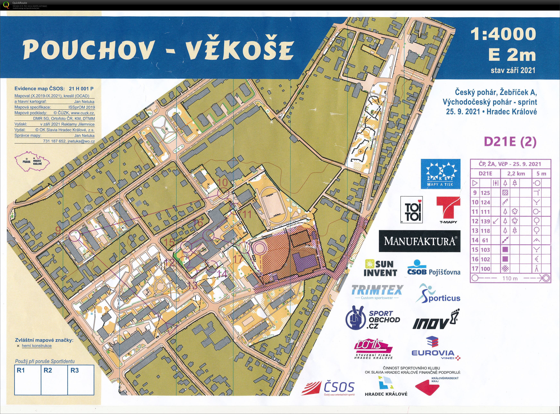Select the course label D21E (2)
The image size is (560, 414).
point(510,142)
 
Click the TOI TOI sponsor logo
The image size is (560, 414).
point(411,209)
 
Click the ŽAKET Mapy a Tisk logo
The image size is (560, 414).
point(440,174)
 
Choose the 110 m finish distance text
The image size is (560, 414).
point(510,278)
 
